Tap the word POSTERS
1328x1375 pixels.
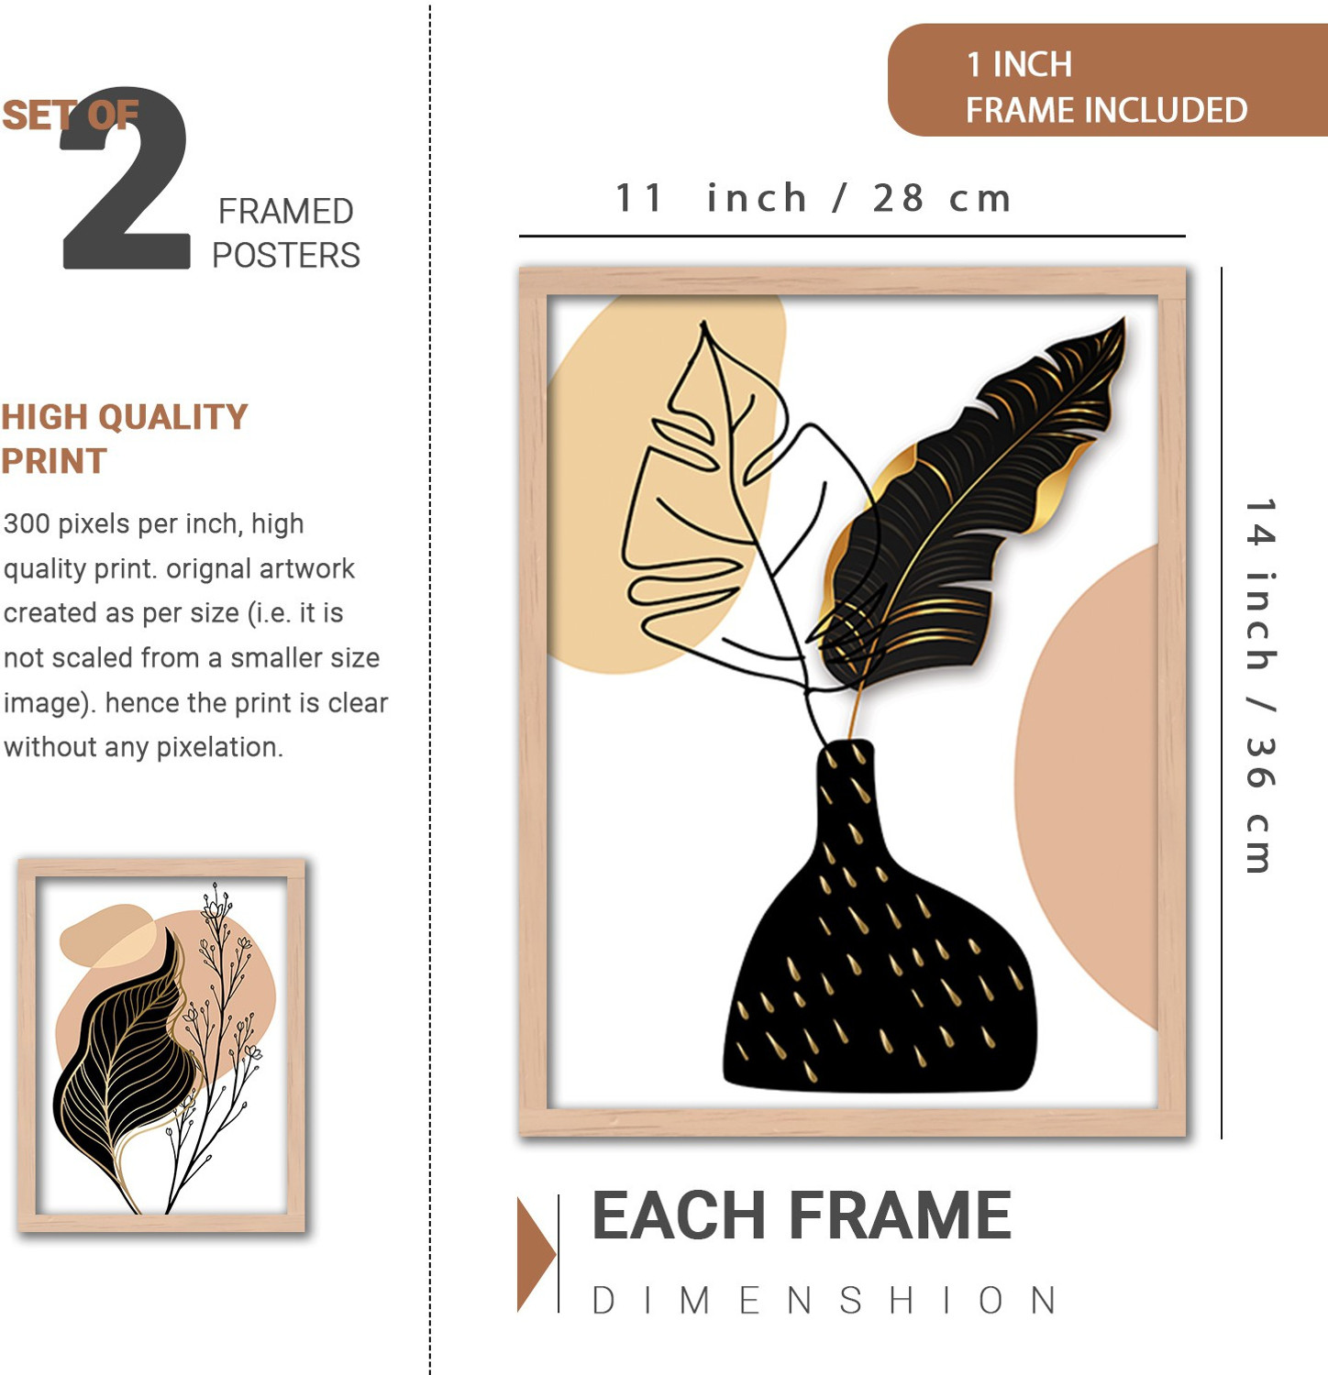[286, 256]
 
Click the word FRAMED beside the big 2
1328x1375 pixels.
[286, 212]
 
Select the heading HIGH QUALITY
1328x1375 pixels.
[125, 417]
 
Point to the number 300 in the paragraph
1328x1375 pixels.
[27, 524]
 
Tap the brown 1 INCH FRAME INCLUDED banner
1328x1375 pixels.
[1108, 81]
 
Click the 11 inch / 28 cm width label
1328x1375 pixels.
[813, 198]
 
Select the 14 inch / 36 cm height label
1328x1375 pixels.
[1261, 686]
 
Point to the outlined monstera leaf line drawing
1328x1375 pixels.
[725, 513]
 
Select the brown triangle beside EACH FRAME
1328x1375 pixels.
[536, 1254]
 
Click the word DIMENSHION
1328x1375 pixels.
[824, 1301]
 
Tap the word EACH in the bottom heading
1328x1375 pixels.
[679, 1216]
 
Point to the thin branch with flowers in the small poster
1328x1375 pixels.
[216, 1045]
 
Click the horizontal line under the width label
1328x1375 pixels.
[852, 236]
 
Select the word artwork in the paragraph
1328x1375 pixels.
[308, 569]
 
